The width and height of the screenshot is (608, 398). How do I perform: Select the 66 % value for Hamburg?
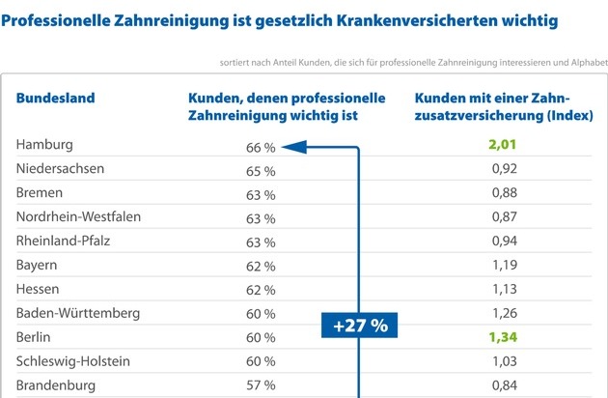click(261, 147)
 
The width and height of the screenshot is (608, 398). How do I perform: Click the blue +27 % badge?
click(359, 326)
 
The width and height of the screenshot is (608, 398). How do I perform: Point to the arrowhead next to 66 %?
click(295, 147)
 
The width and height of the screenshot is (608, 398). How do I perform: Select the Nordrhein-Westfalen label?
click(78, 216)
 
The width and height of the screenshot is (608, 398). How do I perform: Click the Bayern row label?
click(37, 265)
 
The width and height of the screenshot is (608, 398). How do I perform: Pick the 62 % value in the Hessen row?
click(261, 290)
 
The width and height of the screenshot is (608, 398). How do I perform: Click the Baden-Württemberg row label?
click(78, 313)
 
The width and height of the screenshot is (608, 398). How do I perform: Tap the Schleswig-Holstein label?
click(73, 361)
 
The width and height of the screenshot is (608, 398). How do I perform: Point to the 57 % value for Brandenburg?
click(261, 386)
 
